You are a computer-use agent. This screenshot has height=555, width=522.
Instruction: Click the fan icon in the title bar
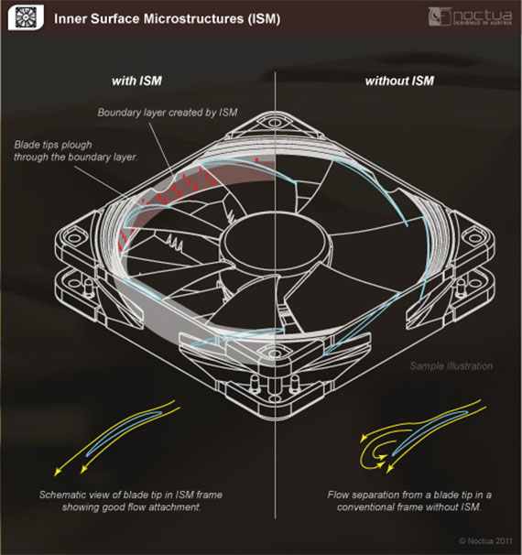(26, 17)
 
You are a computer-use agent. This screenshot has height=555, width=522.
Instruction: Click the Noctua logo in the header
(470, 16)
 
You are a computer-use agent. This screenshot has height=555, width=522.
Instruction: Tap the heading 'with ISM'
(136, 82)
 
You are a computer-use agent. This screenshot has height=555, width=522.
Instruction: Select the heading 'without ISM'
(399, 82)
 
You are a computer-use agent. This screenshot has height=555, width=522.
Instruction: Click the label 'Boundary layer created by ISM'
(168, 113)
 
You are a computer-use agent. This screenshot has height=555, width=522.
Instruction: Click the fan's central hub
(275, 241)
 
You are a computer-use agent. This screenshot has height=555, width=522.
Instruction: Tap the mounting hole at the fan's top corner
(275, 123)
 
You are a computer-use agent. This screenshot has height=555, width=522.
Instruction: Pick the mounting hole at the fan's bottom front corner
(275, 353)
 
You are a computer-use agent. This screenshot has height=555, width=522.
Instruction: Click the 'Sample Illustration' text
(451, 366)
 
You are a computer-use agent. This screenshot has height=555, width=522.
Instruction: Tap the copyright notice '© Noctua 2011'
(485, 541)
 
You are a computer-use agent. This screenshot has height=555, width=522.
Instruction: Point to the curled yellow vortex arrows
(374, 452)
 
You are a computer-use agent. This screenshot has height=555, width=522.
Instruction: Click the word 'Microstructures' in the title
(192, 18)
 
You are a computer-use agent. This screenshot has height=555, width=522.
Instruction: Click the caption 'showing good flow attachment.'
(131, 507)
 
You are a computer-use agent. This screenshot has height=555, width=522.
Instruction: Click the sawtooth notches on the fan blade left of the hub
(174, 243)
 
